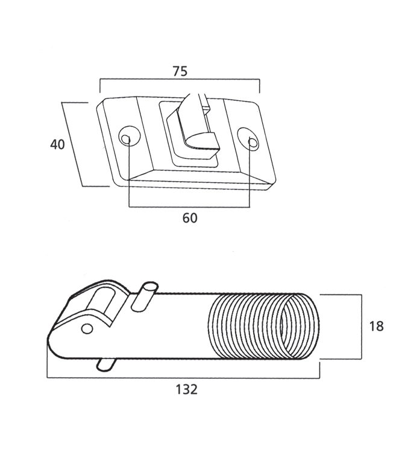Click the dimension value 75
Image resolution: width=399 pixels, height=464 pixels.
180,71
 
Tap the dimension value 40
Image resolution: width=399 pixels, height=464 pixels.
57,145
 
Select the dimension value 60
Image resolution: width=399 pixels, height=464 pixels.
189,218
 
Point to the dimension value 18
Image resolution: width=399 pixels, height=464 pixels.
376,326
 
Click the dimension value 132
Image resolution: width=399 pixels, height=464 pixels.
186,389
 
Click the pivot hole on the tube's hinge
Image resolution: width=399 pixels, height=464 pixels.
87,328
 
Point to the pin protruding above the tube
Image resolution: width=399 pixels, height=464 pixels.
144,296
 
